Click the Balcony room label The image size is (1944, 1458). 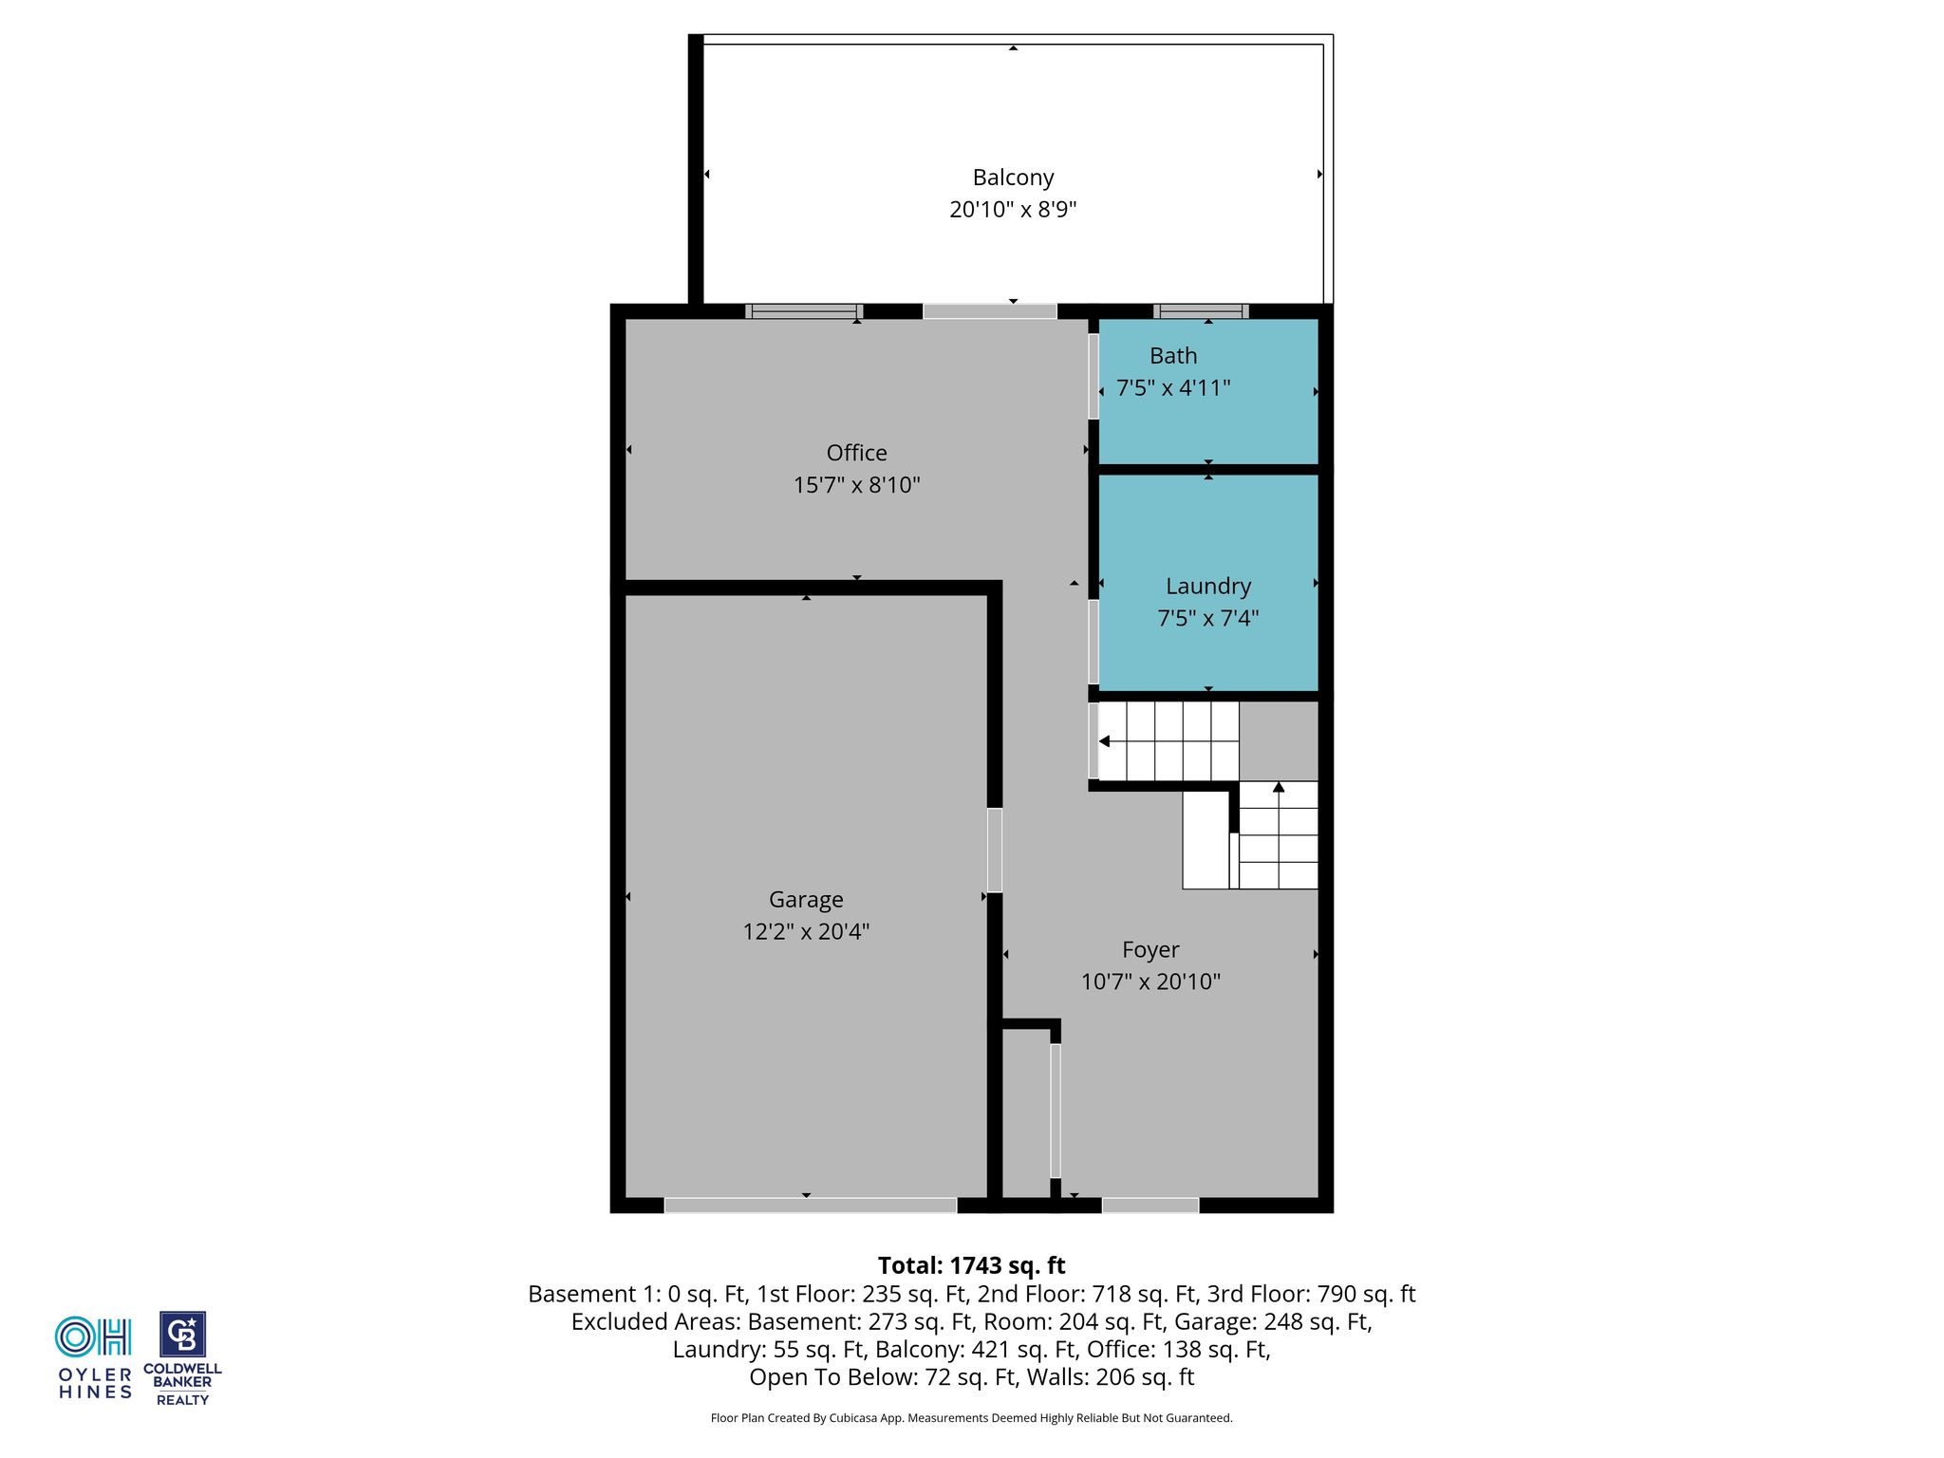1013,178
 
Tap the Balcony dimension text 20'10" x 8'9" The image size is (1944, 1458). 1013,209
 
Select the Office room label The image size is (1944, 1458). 856,453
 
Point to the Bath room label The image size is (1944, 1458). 1173,356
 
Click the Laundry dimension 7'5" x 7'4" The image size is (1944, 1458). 1207,618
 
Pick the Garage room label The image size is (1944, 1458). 806,900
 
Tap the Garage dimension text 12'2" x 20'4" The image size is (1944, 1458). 806,931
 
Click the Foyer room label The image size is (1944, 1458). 1150,950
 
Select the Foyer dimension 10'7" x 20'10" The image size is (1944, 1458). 1150,981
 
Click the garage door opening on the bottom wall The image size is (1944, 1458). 810,1206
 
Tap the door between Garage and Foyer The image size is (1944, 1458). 995,850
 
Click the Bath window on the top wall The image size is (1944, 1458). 1201,311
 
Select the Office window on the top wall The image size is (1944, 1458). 804,311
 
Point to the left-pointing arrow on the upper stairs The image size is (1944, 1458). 1104,741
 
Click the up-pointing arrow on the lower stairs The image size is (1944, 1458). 1279,787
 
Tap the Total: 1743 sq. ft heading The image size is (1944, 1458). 971,1265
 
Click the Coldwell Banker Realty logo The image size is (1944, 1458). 182,1358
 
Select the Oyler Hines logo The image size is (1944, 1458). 94,1358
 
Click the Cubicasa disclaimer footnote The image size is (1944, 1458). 971,1418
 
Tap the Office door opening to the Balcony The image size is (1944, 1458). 989,311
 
